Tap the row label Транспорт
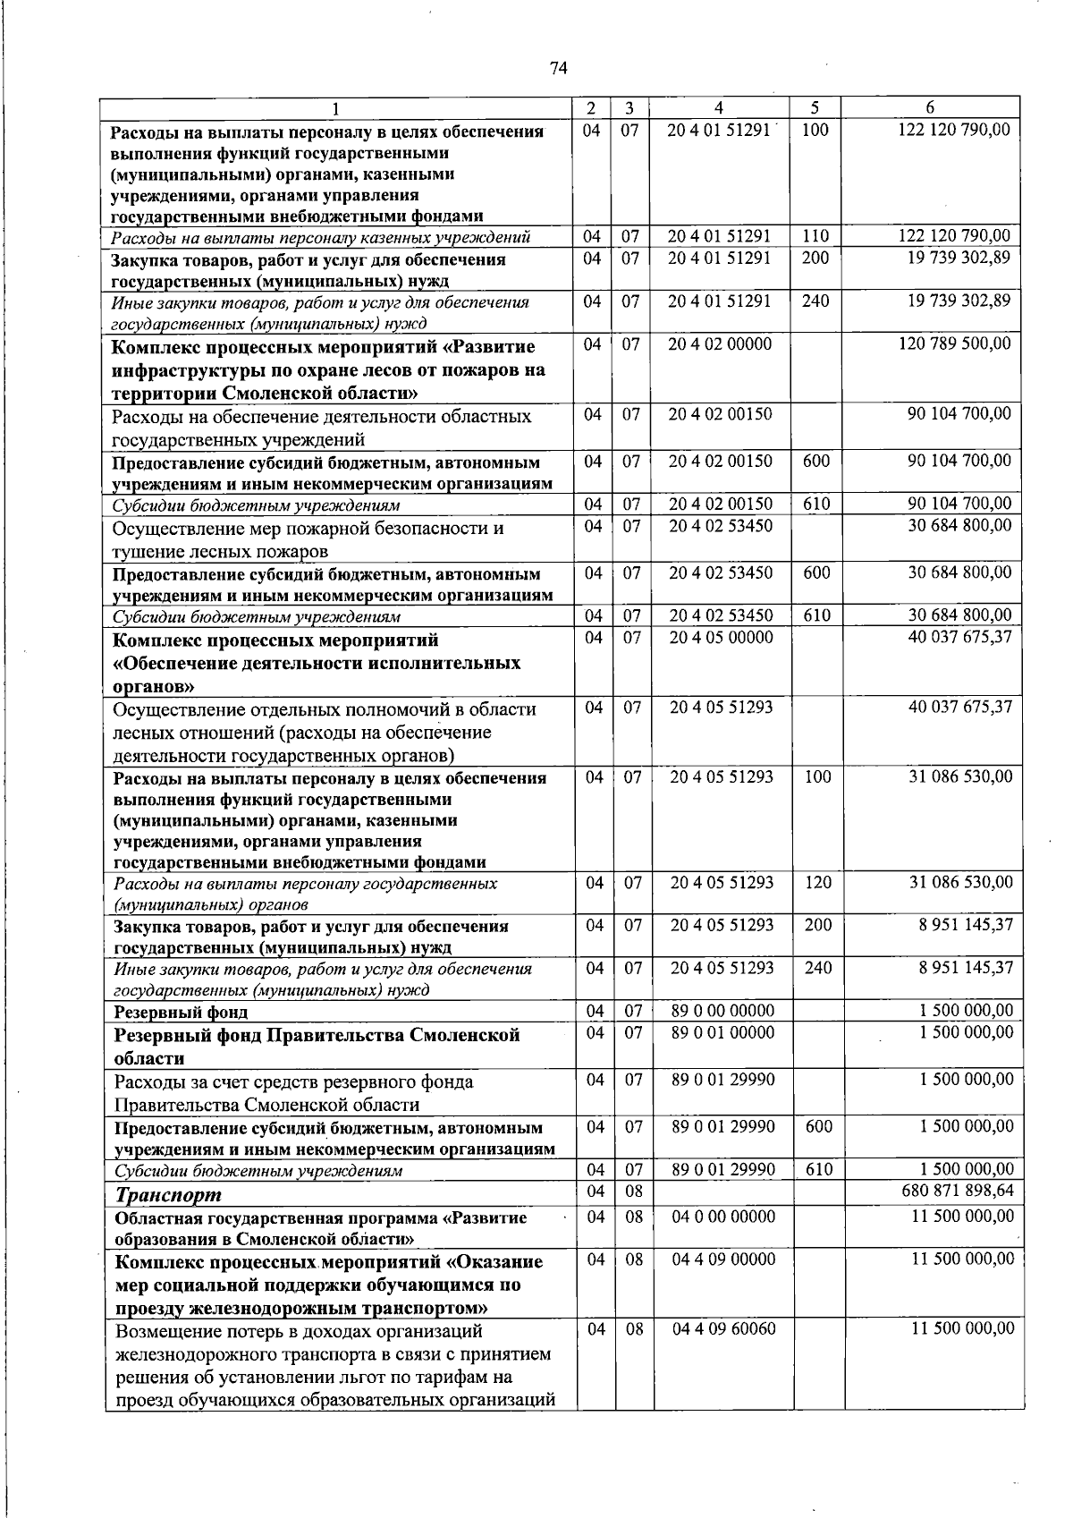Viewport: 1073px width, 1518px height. tap(168, 1194)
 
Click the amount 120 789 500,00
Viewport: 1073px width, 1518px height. tap(955, 344)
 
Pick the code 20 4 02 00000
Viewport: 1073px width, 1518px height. tap(720, 344)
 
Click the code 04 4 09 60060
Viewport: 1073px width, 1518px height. tap(723, 1328)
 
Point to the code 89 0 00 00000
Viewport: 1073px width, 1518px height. tap(722, 1011)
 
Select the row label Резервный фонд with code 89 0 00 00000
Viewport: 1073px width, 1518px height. tap(182, 1013)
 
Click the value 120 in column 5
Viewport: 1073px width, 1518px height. tap(817, 882)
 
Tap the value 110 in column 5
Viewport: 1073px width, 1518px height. tap(815, 236)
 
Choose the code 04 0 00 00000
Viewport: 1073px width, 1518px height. tap(723, 1217)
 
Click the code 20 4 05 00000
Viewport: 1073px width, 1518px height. tap(721, 638)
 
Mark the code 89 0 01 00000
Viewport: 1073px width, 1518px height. tap(722, 1033)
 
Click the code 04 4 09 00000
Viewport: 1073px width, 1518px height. tap(723, 1259)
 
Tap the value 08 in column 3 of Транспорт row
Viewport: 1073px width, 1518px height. tap(633, 1191)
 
